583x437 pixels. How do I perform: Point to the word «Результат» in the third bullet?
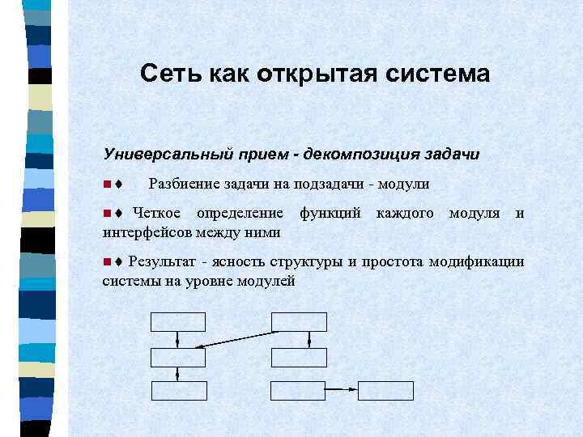click(164, 262)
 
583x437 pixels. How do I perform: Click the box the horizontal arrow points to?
click(385, 391)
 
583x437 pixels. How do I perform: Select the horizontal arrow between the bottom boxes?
click(341, 391)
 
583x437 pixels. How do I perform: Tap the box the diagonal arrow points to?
click(178, 358)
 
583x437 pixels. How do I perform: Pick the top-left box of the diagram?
click(178, 321)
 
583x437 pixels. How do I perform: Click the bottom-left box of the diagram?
click(178, 391)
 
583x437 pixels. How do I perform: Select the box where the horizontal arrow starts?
click(297, 391)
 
